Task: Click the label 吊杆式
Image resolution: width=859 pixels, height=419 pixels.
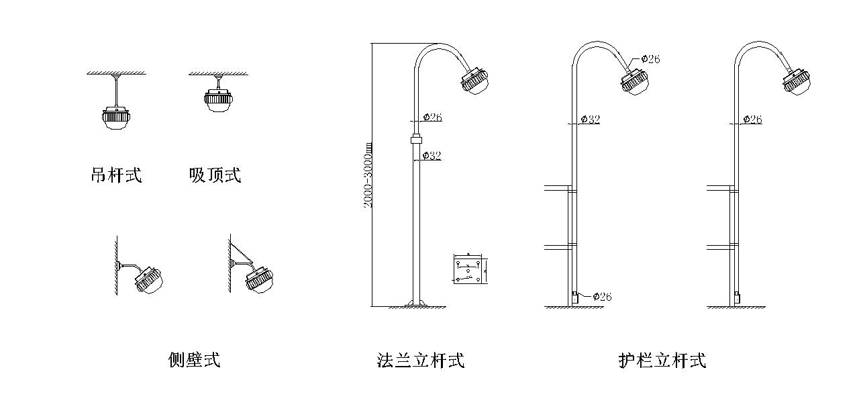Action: pos(116,176)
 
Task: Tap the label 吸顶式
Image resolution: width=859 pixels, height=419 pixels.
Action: pos(215,176)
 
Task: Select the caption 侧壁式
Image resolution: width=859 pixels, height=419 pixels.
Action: pos(194,361)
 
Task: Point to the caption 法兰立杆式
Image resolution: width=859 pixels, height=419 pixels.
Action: pos(421,361)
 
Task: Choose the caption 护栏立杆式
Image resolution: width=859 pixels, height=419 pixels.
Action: pos(662,361)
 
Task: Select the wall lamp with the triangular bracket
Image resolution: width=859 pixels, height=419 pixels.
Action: pos(260,278)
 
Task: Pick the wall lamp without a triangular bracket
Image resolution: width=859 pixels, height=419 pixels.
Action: pos(150,279)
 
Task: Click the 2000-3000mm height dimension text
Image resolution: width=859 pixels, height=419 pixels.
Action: pos(368,174)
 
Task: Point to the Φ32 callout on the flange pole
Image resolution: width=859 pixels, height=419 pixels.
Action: pos(432,156)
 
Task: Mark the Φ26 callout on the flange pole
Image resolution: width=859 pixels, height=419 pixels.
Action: pos(432,118)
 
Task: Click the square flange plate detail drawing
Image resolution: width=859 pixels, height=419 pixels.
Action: pos(468,269)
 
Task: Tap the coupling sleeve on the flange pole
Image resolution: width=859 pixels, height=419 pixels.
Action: pos(416,140)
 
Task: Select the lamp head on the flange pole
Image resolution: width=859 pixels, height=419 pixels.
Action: pos(476,81)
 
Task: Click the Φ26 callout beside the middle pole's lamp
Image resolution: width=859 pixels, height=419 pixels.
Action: pos(650,59)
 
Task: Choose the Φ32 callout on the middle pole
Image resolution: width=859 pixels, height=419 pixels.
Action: pos(590,120)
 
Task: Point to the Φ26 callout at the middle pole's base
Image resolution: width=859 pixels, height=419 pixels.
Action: pos(602,297)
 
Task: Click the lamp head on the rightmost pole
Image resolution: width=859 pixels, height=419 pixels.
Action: pos(797,81)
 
